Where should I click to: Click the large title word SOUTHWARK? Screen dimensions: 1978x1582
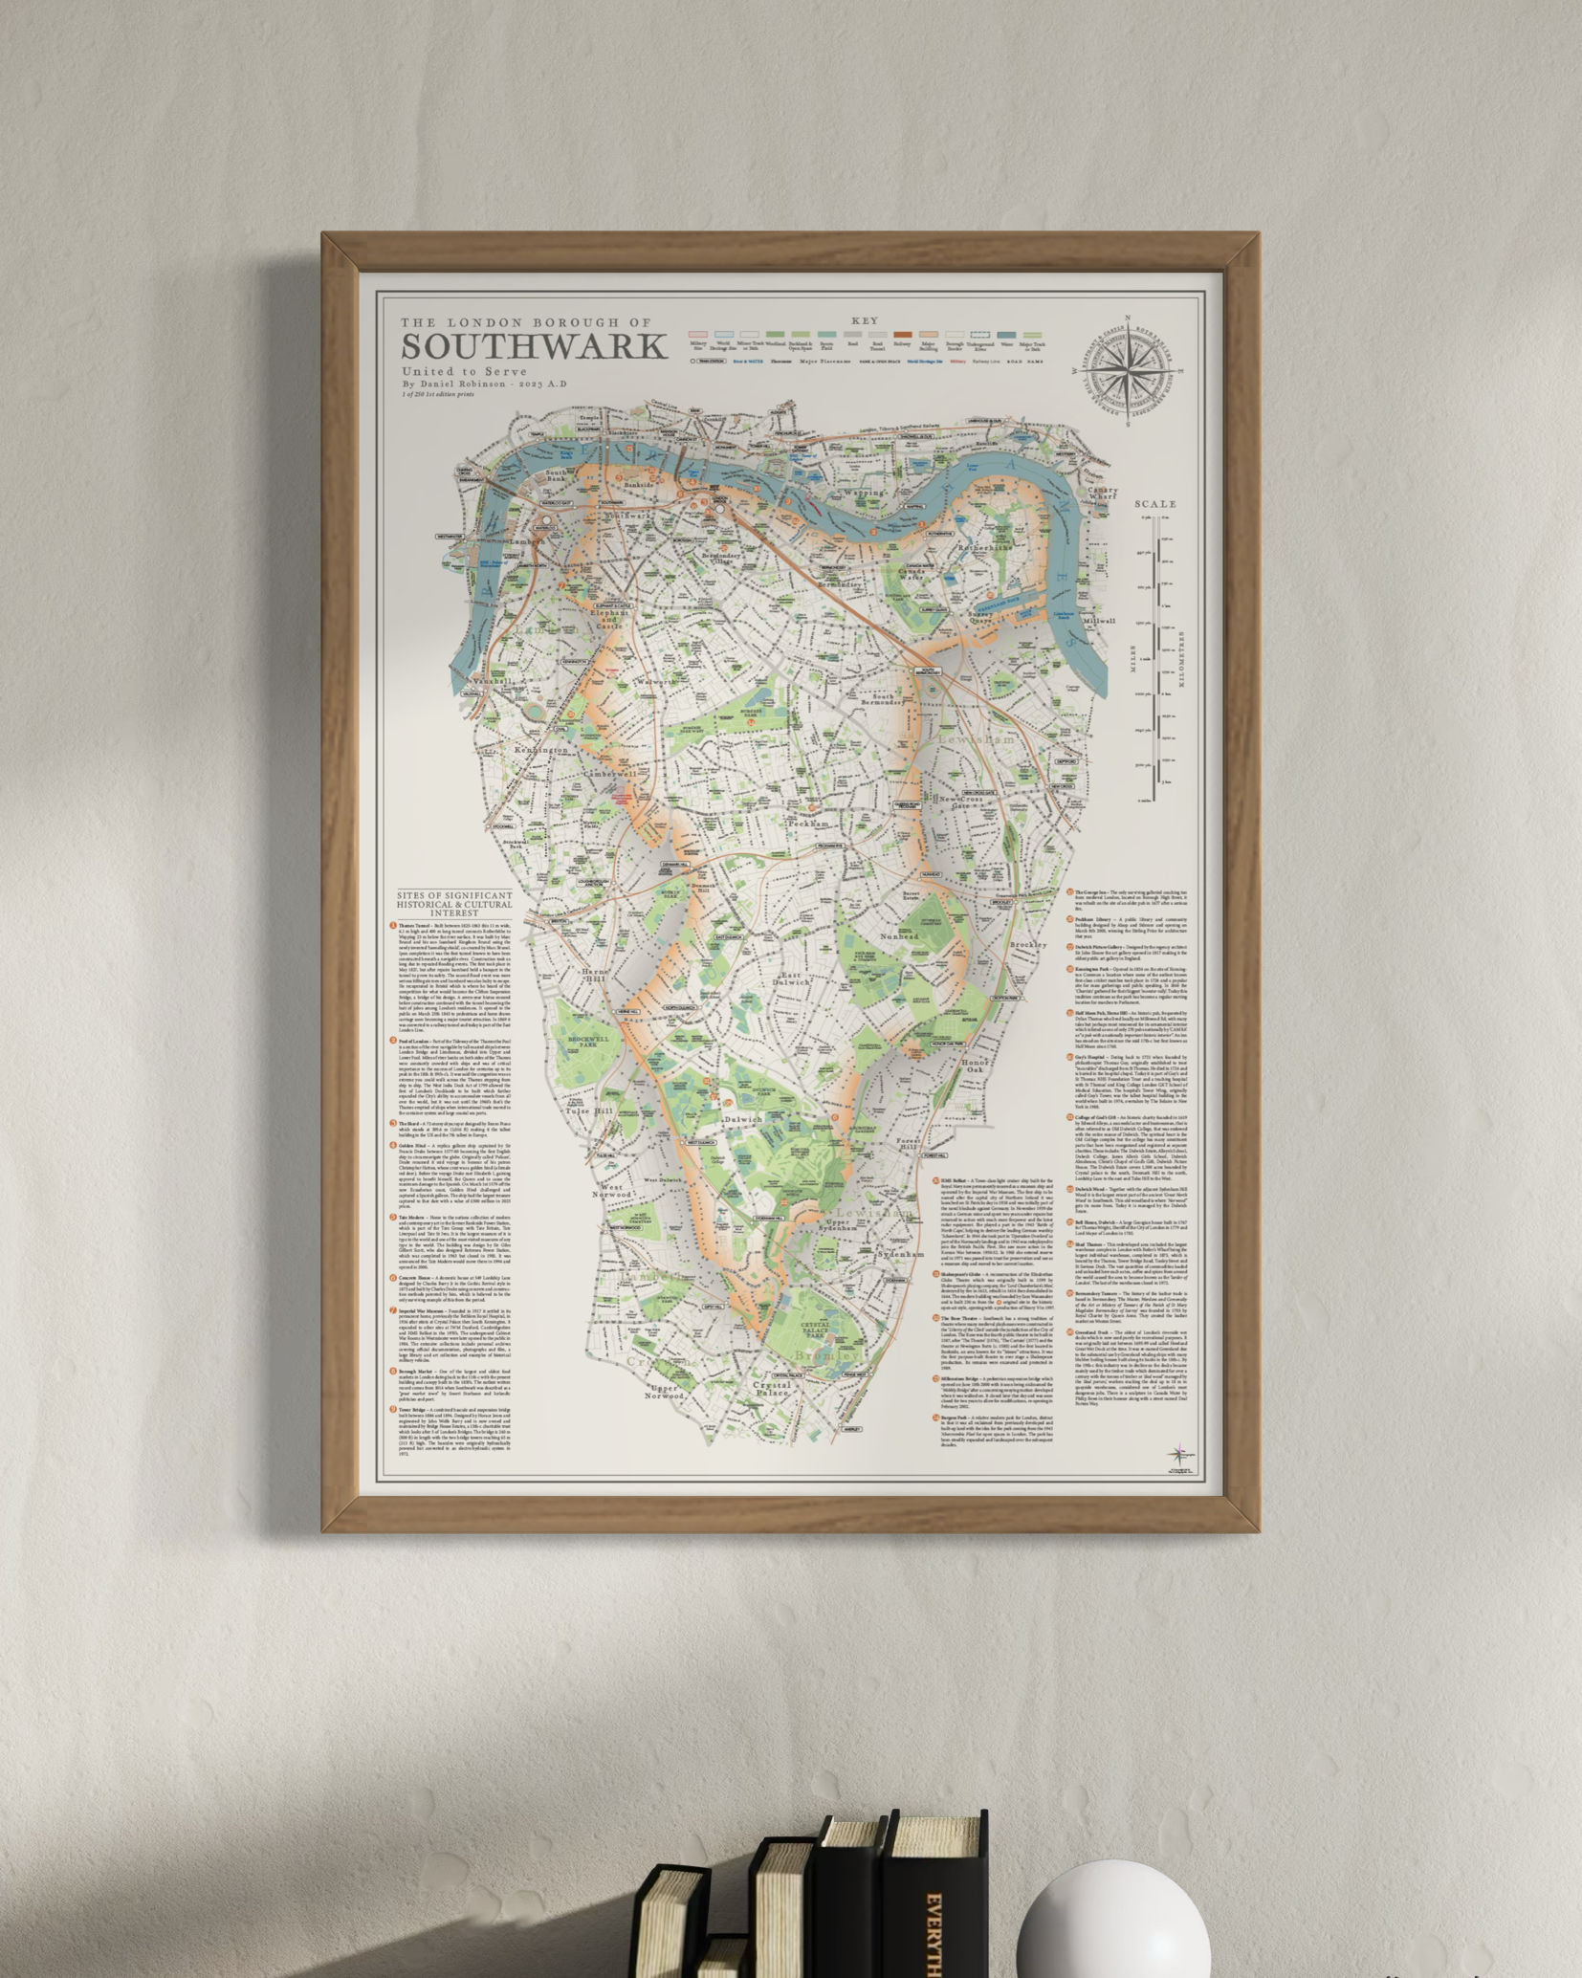tap(534, 345)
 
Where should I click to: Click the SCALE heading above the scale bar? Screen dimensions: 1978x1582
tap(1155, 504)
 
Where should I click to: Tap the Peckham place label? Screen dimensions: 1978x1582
tap(805, 822)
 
